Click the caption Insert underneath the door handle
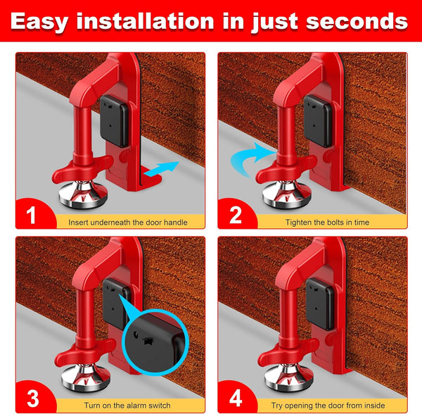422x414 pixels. tap(127, 222)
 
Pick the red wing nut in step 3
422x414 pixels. tap(83, 352)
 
